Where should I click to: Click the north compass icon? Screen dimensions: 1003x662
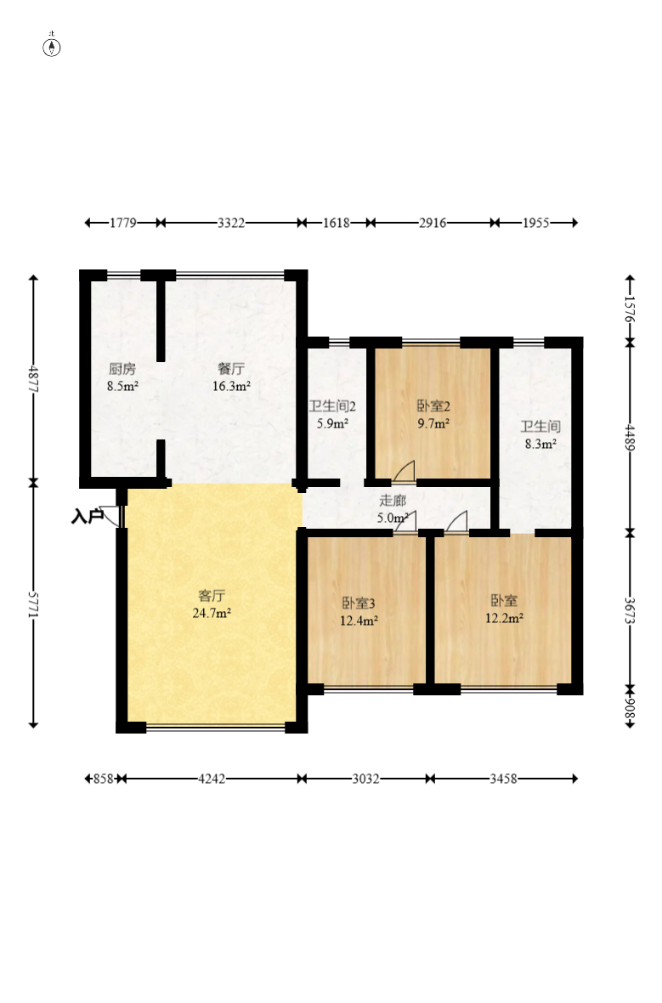(x=52, y=46)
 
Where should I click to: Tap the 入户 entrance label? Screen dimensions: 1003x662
(x=86, y=515)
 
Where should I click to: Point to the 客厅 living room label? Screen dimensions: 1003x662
(x=212, y=595)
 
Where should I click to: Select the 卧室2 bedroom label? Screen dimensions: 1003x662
(x=433, y=405)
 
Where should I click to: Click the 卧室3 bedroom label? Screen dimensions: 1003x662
(x=359, y=603)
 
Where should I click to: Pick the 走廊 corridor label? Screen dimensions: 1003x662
(x=392, y=500)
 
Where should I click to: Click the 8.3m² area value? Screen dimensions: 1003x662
(x=539, y=443)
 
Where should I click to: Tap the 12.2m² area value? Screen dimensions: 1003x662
(x=504, y=618)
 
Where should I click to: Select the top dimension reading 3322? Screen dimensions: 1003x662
(x=231, y=223)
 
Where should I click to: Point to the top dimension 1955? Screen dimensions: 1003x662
(x=536, y=223)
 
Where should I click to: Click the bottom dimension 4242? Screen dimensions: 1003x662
(x=212, y=779)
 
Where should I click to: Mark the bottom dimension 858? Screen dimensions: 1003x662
(x=102, y=779)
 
